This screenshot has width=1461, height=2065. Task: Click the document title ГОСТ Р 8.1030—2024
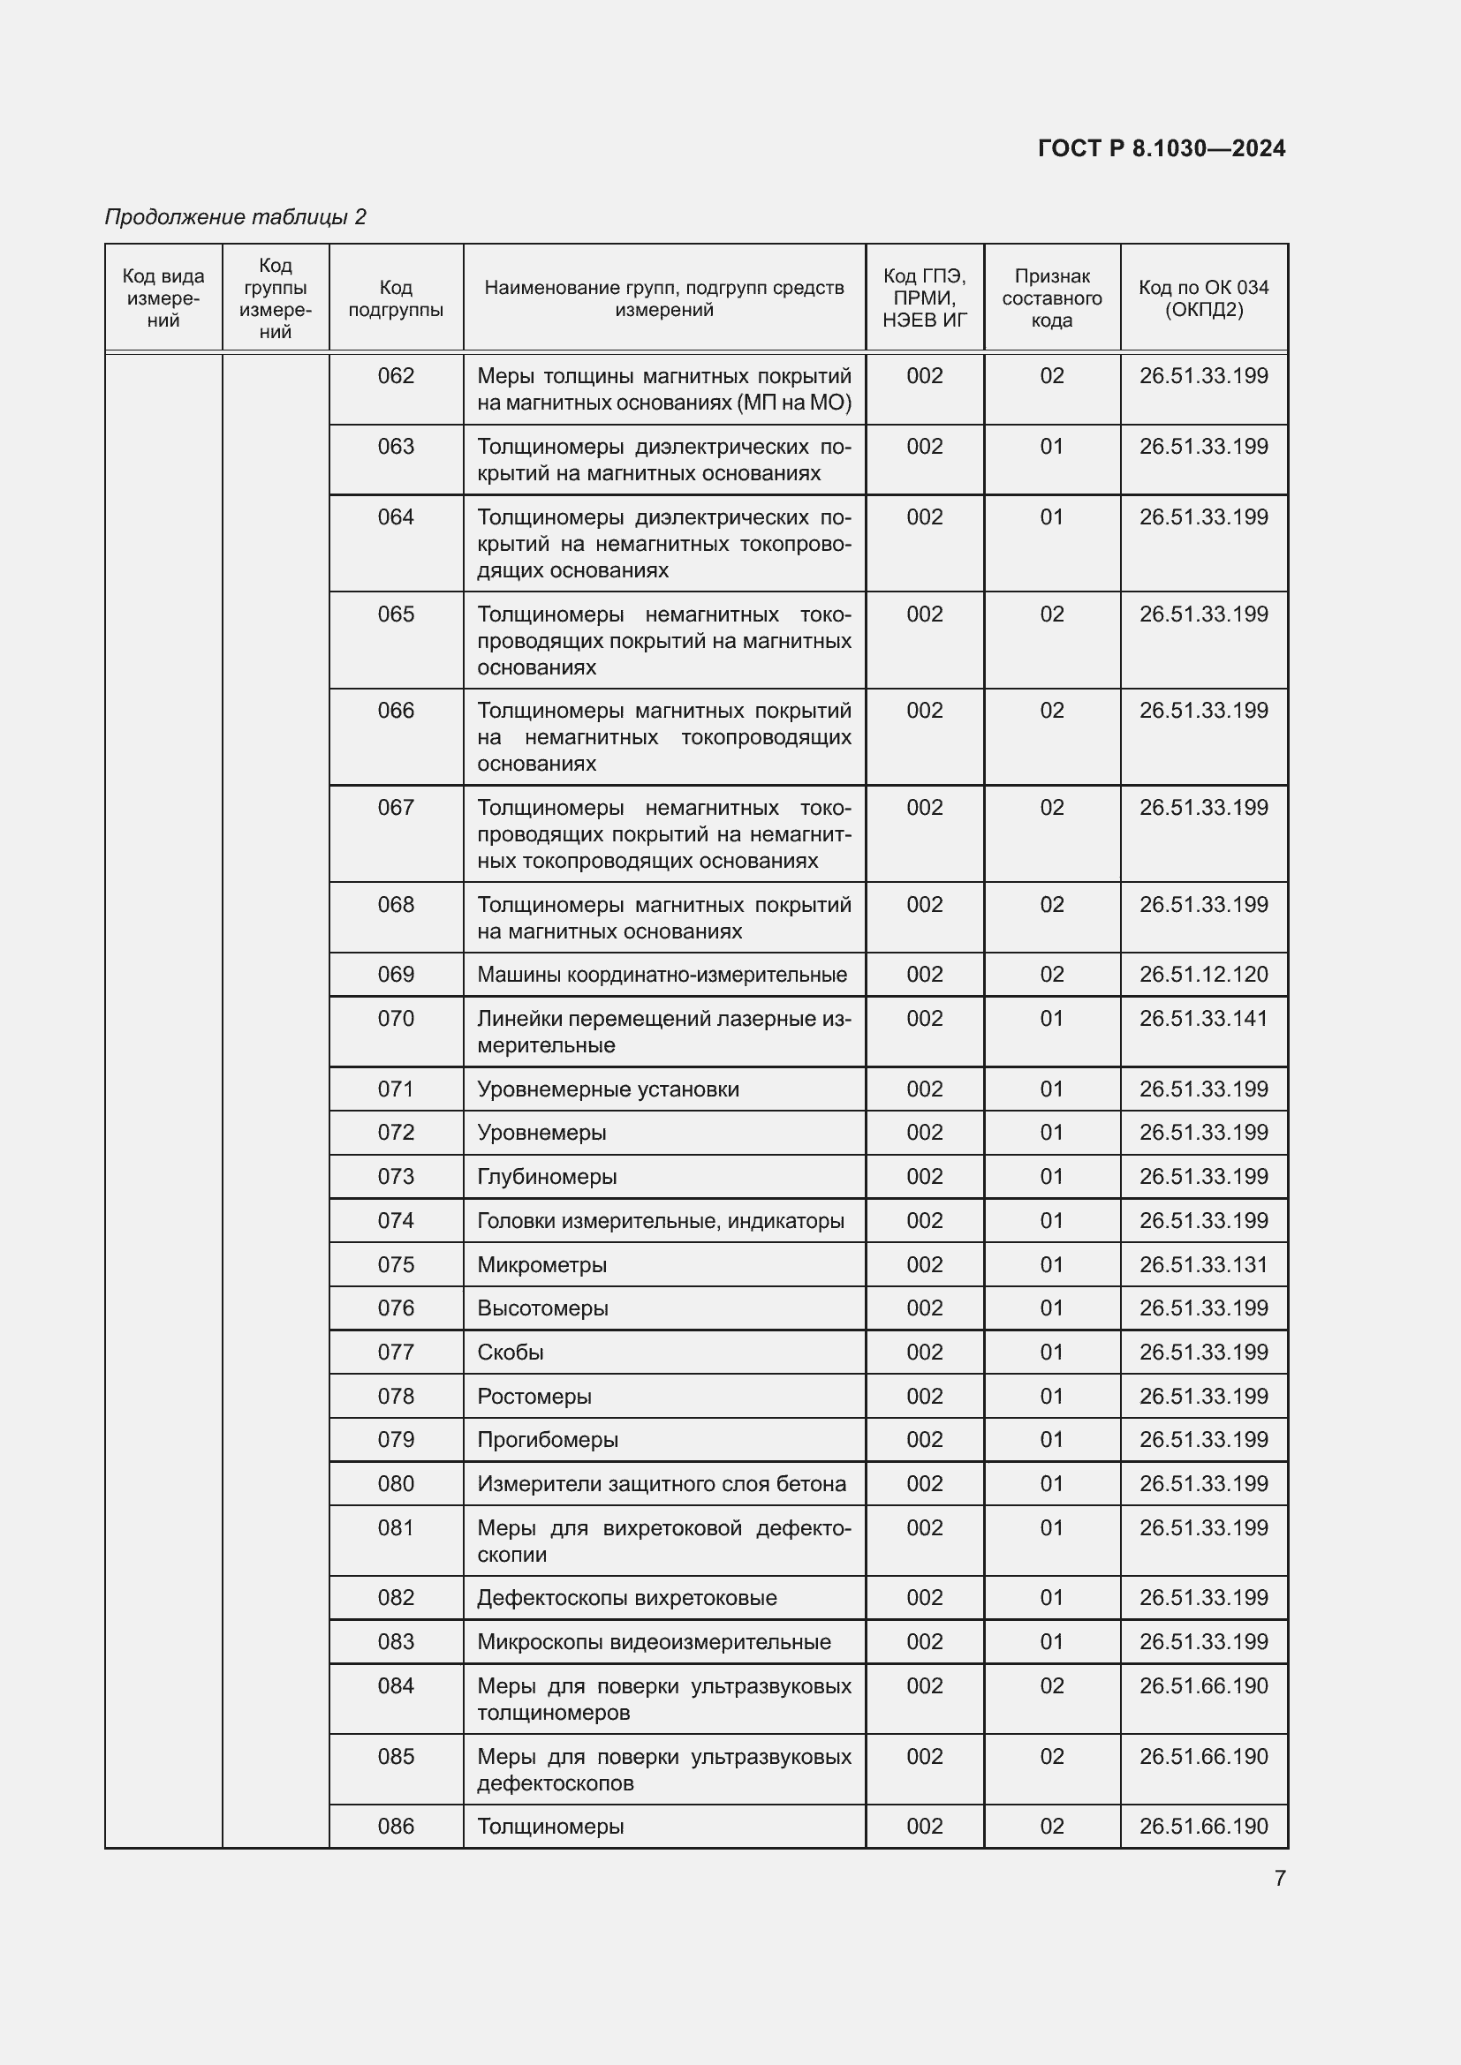pos(1161,148)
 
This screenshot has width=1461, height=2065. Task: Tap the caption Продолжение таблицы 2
pos(236,217)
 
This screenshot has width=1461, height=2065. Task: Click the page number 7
pos(1279,1878)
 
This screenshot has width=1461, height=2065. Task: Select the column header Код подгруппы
pos(396,298)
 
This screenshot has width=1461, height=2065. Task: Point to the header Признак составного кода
pos(1051,298)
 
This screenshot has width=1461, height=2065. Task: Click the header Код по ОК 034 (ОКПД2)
pos(1203,298)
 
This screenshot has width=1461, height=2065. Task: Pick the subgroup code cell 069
pos(396,974)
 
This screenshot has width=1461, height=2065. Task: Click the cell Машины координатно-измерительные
pos(662,974)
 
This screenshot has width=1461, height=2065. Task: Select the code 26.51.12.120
pos(1203,974)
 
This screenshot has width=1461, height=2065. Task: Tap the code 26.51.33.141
pos(1203,1018)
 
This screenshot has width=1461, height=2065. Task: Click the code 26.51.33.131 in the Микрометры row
pos(1203,1264)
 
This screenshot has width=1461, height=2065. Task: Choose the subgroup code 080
pos(396,1483)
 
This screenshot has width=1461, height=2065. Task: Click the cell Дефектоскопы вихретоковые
pos(626,1597)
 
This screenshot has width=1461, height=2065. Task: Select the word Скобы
pos(510,1352)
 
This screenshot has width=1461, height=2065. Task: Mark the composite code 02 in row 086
pos(1051,1826)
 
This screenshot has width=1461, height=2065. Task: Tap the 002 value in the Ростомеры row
pos(924,1396)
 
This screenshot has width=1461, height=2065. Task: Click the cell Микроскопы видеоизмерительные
pos(653,1641)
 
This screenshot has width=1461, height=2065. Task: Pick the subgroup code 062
pos(396,376)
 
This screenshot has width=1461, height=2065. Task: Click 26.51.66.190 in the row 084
pos(1203,1685)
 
